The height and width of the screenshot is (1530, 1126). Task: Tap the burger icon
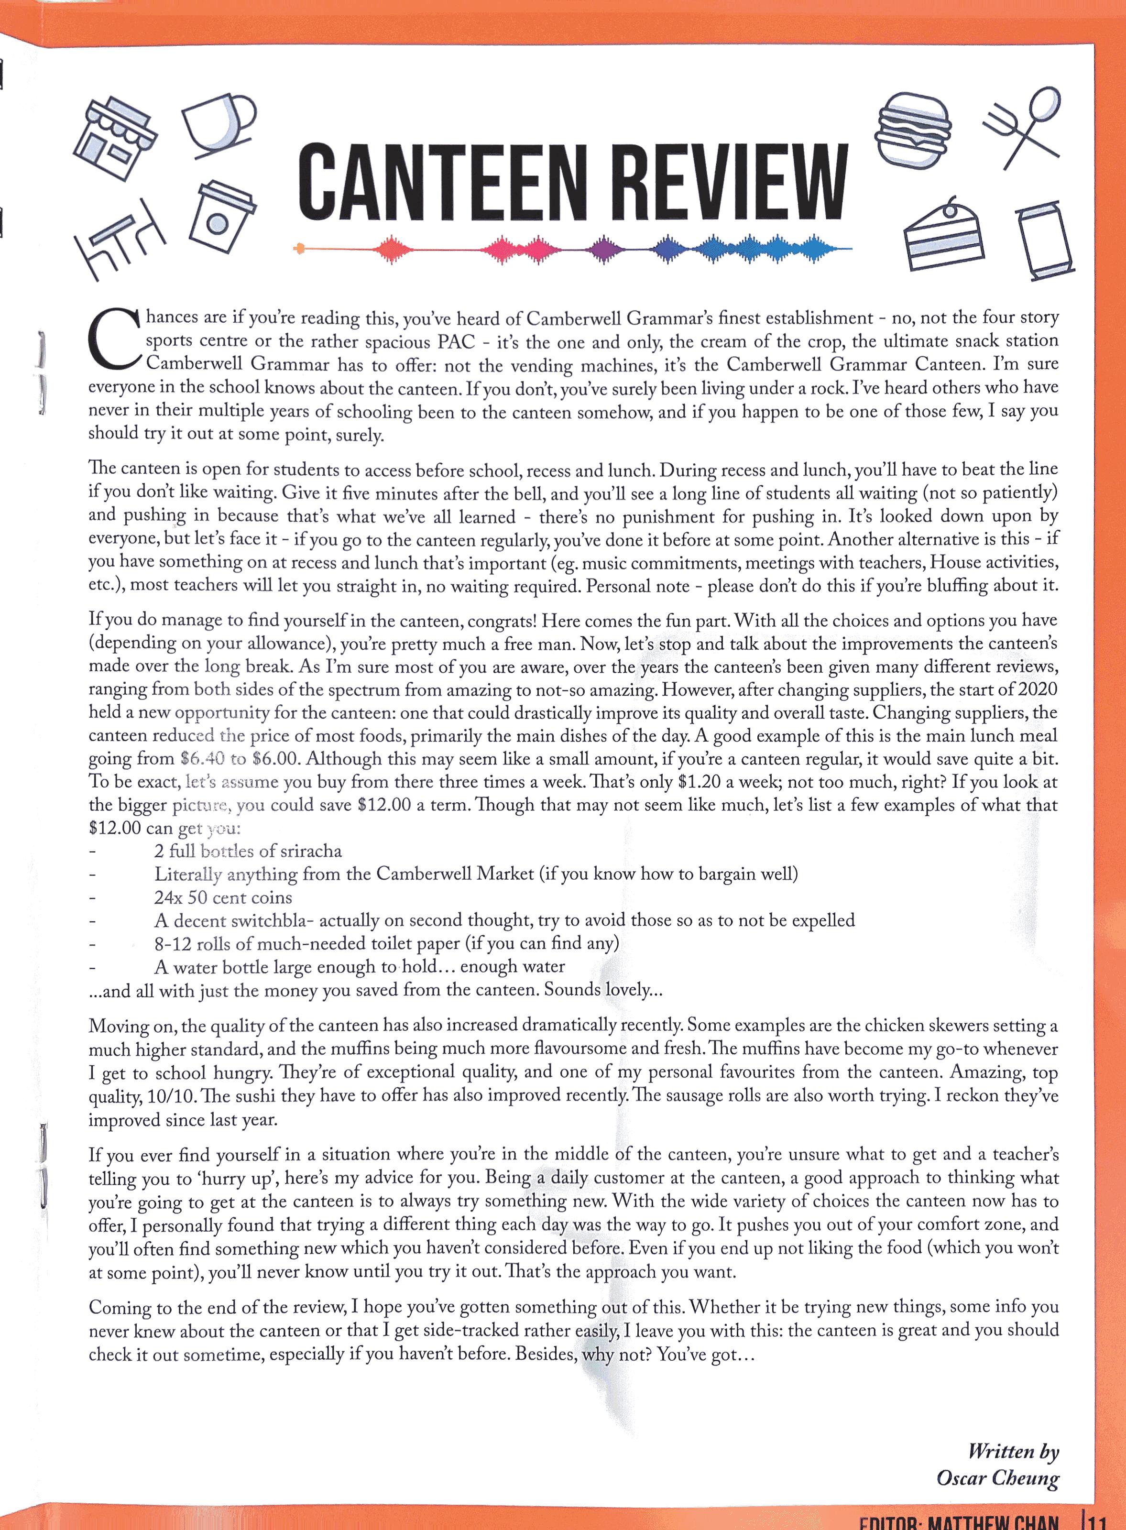click(x=913, y=130)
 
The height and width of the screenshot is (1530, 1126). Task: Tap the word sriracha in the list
click(x=311, y=851)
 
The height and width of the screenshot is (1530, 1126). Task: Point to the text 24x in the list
click(x=168, y=897)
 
